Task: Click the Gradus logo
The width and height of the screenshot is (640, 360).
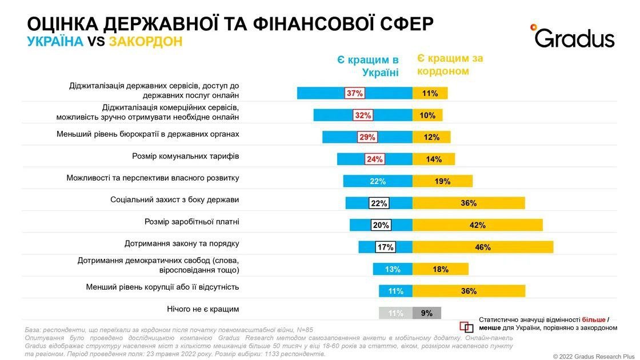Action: pyautogui.click(x=573, y=36)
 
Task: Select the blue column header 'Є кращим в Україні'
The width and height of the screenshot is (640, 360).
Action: pyautogui.click(x=367, y=66)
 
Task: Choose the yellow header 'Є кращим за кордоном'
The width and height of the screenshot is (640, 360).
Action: pyautogui.click(x=450, y=65)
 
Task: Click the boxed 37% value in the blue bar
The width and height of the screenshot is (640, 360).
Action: pyautogui.click(x=354, y=93)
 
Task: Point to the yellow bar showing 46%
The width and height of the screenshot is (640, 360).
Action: pyautogui.click(x=483, y=247)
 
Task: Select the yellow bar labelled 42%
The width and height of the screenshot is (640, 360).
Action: pyautogui.click(x=478, y=225)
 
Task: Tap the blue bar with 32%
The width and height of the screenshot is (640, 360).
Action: pyautogui.click(x=362, y=115)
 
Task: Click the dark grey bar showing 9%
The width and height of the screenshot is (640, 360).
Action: pyautogui.click(x=427, y=313)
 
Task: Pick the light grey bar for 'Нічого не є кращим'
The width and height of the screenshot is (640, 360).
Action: pyautogui.click(x=395, y=313)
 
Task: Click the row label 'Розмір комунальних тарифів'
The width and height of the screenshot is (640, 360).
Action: pyautogui.click(x=186, y=156)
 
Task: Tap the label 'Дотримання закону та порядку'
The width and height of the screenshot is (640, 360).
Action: pyautogui.click(x=182, y=243)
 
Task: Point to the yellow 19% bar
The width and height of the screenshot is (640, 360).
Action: pyautogui.click(x=442, y=181)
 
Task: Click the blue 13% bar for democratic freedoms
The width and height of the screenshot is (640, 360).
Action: pyautogui.click(x=393, y=269)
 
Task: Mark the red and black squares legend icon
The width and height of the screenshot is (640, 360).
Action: pyautogui.click(x=466, y=327)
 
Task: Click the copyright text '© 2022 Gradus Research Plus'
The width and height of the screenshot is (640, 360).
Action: pyautogui.click(x=594, y=356)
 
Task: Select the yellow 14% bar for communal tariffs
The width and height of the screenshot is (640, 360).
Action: pyautogui.click(x=434, y=159)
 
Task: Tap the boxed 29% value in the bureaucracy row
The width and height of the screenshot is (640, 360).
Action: pyautogui.click(x=367, y=137)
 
